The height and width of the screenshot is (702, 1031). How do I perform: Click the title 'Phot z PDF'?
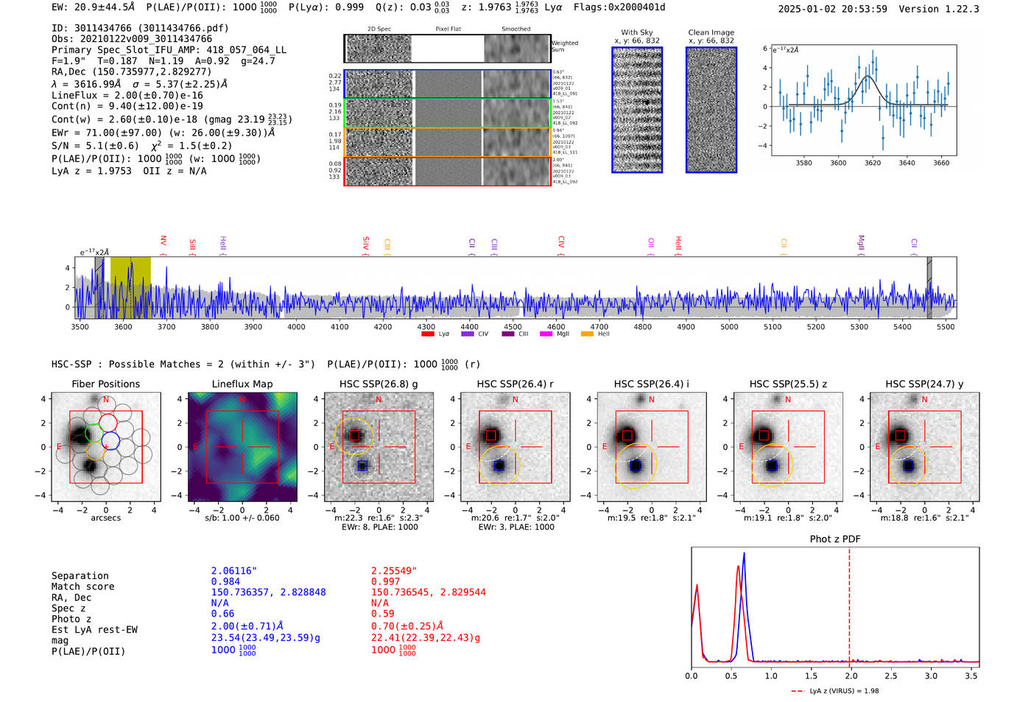(x=835, y=539)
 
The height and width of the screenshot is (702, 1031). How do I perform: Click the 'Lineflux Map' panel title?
(x=242, y=384)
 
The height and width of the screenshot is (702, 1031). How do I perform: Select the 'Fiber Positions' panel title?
(x=105, y=384)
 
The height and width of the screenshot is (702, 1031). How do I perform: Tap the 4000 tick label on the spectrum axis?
(x=296, y=327)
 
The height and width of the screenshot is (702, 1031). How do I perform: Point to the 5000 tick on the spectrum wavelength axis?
(x=729, y=327)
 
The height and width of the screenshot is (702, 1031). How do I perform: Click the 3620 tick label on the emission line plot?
(x=873, y=163)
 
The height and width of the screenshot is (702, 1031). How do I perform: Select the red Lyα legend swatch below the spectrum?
(x=428, y=334)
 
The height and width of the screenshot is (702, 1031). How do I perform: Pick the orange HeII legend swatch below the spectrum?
(x=587, y=334)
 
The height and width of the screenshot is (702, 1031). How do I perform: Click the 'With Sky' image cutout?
(x=637, y=110)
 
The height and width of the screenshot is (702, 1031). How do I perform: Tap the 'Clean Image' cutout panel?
(x=711, y=110)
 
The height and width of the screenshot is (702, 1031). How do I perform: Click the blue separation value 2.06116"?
(x=234, y=571)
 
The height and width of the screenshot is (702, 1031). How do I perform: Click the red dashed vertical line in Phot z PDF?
(x=849, y=604)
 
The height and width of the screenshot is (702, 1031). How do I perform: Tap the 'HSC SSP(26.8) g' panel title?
(x=379, y=384)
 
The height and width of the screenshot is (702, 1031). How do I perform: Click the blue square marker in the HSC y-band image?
(x=908, y=466)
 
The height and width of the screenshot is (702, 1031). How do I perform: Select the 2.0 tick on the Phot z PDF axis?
(x=851, y=675)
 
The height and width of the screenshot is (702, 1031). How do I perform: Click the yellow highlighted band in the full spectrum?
(x=130, y=287)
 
